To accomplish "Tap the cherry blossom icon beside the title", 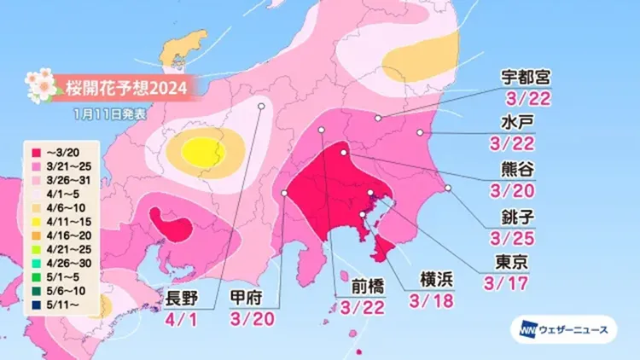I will pyautogui.click(x=39, y=85).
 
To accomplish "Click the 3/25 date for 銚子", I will pyautogui.click(x=515, y=231).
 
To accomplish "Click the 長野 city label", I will pyautogui.click(x=183, y=297).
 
